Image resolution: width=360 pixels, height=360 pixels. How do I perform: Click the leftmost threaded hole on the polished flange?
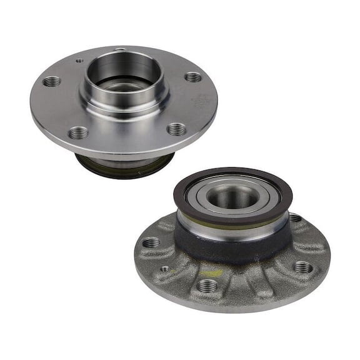click(52, 81)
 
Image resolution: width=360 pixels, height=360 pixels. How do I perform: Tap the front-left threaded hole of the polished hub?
click(79, 132)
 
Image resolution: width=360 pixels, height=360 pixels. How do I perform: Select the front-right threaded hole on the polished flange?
click(177, 129)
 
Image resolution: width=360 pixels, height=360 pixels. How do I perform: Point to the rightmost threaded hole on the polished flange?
click(193, 77)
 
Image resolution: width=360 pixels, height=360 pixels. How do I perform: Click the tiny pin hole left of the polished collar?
click(78, 61)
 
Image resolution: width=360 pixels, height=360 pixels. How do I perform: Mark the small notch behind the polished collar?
click(119, 49)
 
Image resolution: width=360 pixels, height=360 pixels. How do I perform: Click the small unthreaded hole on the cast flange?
click(164, 269)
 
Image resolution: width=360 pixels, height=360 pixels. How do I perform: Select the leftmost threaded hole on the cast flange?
click(151, 242)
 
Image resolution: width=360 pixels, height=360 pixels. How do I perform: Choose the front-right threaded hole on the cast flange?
click(302, 267)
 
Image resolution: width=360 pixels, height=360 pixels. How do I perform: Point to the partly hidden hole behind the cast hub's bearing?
click(295, 218)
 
